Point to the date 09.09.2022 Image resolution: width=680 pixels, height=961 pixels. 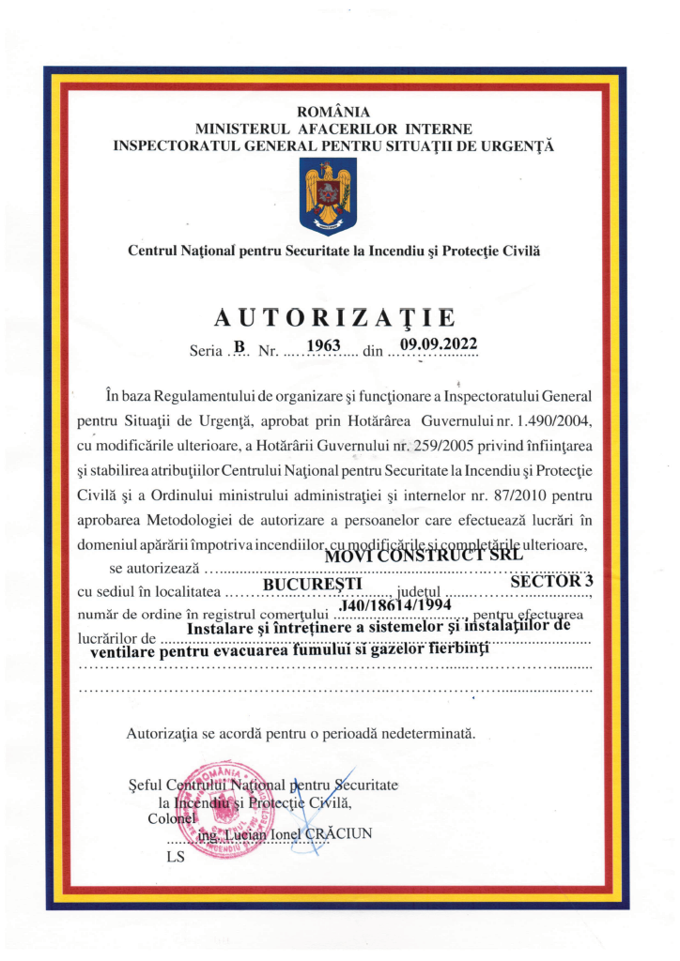pyautogui.click(x=440, y=343)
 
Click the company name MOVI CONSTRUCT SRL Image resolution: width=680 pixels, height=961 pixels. pyautogui.click(x=423, y=555)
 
